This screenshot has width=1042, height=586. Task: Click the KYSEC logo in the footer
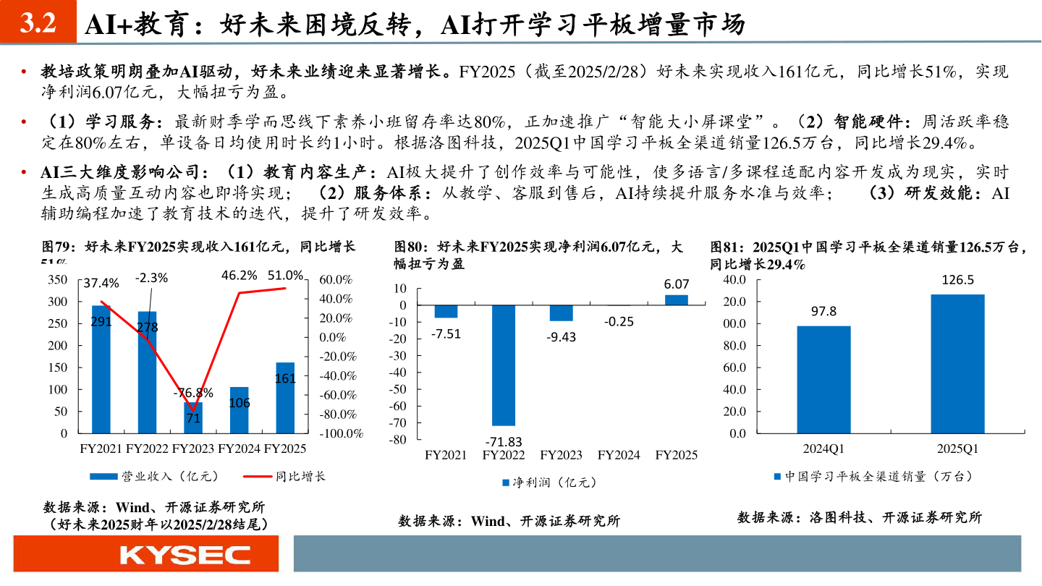tap(185, 555)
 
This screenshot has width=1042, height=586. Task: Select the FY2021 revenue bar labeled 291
tap(101, 369)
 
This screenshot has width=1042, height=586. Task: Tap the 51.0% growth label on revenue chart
tap(285, 275)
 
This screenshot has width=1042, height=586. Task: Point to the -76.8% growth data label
tap(193, 393)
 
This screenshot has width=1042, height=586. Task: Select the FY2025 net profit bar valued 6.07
tap(677, 300)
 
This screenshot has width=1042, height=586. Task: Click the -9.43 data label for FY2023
tap(561, 336)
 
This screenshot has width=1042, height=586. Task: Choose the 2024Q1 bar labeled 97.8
tap(823, 380)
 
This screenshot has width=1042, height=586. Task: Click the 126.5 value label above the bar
tap(957, 280)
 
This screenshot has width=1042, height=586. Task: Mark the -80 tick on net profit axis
tap(399, 439)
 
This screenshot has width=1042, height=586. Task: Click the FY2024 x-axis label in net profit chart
tap(618, 455)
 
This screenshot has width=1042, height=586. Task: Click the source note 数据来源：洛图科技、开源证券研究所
tap(860, 517)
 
